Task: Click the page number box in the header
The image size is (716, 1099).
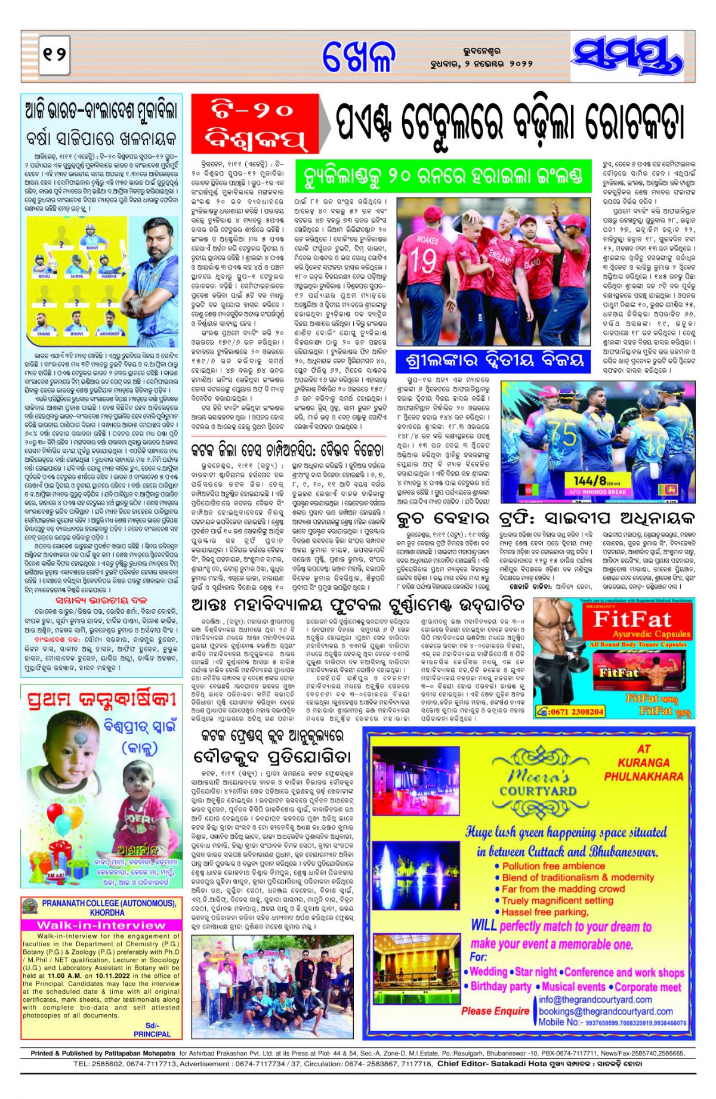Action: click(54, 55)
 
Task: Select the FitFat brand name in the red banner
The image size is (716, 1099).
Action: click(632, 619)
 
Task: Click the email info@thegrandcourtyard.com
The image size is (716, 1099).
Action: click(595, 999)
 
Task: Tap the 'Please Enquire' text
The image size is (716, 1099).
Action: click(495, 1011)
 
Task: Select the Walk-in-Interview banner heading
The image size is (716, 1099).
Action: click(101, 925)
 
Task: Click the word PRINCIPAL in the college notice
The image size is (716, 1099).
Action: click(152, 1034)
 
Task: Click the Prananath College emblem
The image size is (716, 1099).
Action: click(30, 907)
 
